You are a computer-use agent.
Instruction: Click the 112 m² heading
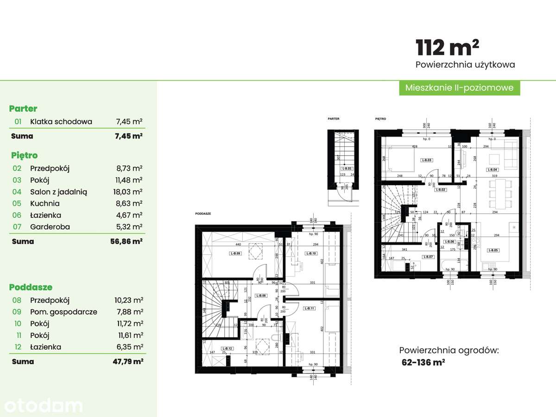447,47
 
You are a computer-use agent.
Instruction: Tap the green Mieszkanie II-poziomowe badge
459,88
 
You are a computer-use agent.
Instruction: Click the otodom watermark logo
42,405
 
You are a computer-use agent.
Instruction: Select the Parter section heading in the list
23,109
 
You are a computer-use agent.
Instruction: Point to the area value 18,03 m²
128,192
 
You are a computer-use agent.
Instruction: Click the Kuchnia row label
44,203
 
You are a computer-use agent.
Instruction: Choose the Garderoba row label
49,227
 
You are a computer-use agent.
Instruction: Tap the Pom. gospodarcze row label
63,312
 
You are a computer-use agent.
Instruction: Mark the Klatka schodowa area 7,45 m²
128,122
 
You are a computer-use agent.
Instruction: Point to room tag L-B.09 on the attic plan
235,253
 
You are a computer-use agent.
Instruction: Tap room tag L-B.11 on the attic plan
309,308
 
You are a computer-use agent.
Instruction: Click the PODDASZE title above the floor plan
203,214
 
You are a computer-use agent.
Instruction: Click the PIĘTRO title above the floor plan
380,119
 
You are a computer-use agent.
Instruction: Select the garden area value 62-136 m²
423,363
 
